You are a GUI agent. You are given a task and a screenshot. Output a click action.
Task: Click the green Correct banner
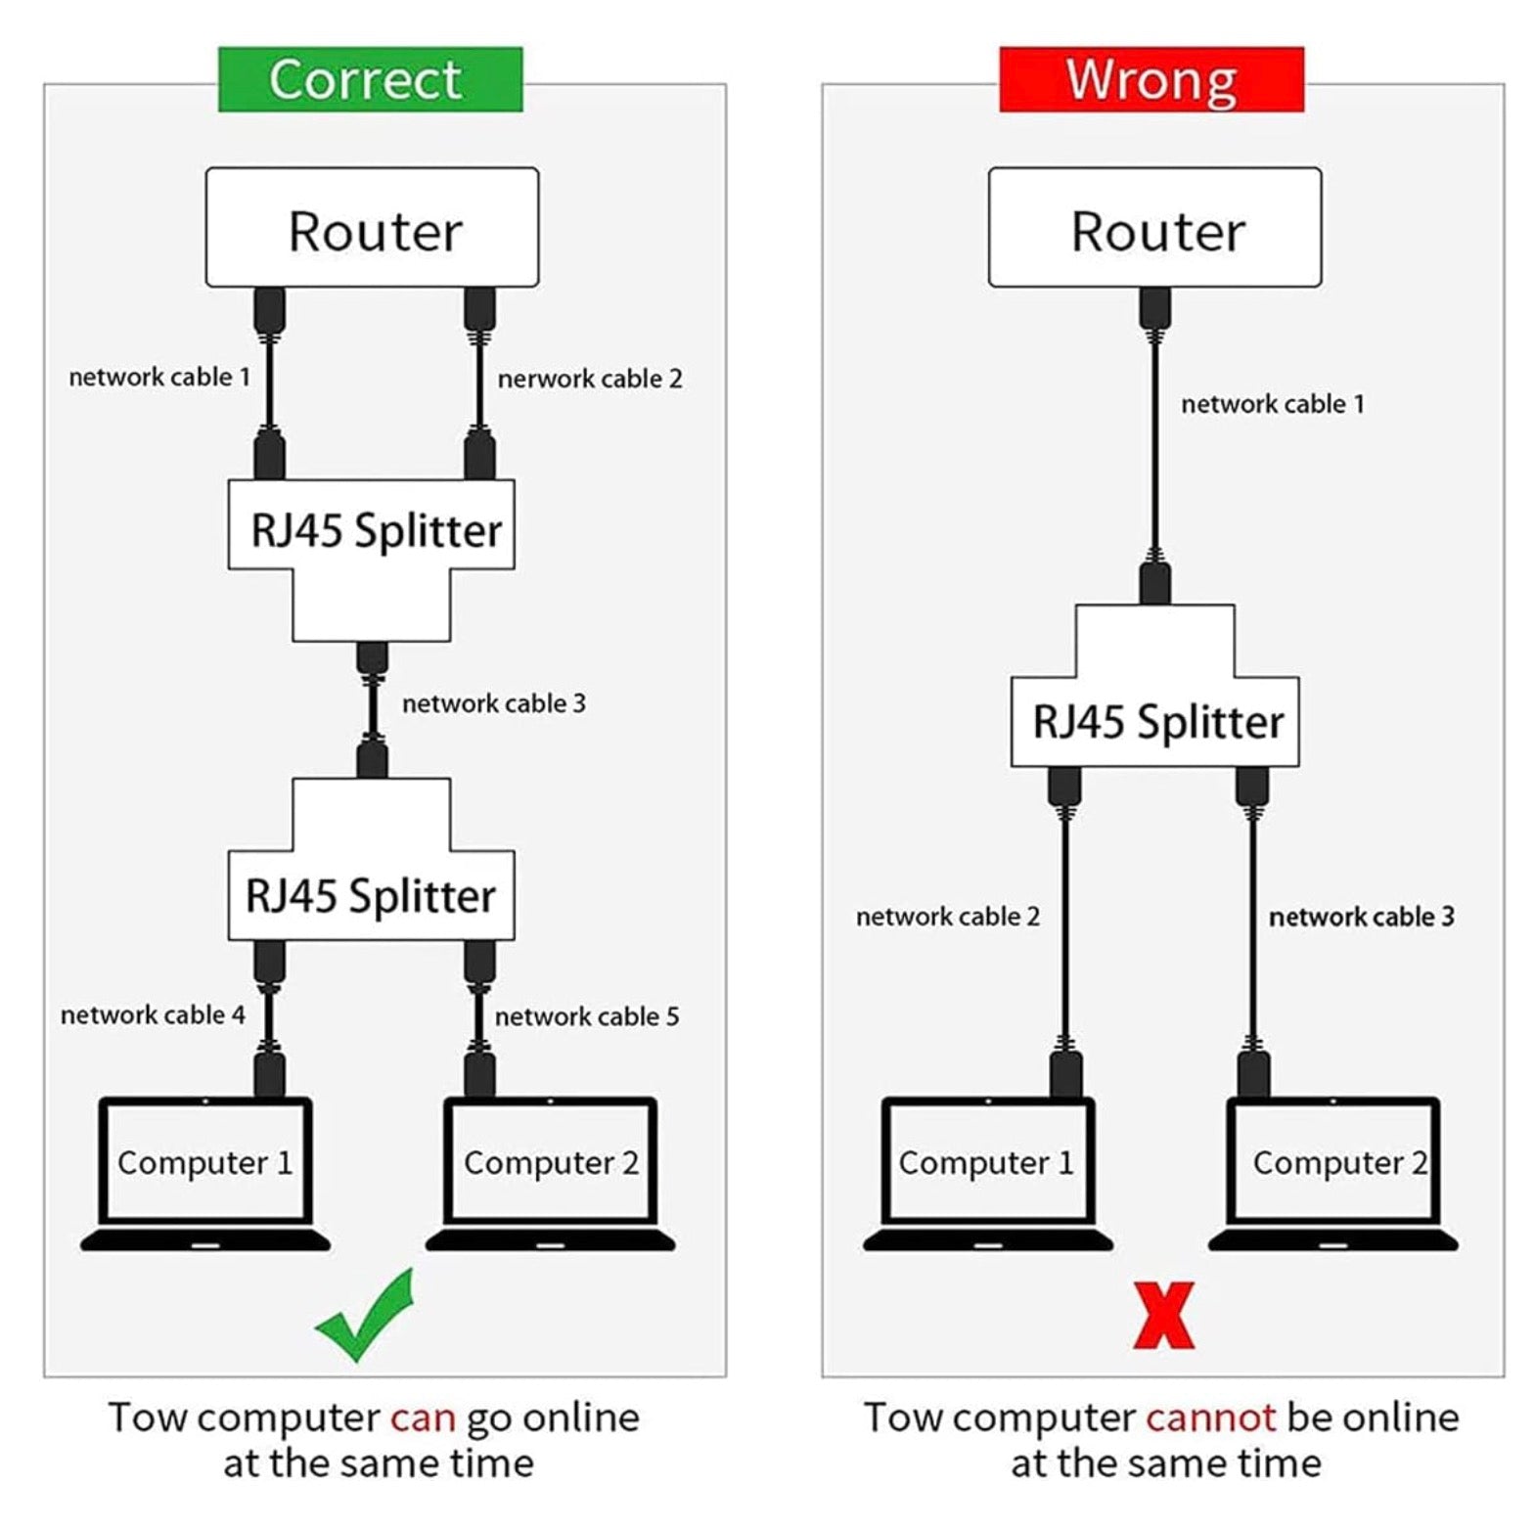[x=370, y=79]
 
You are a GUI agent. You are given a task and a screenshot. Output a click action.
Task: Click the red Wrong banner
[x=1151, y=79]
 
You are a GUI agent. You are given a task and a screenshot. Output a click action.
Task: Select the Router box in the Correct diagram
[x=372, y=228]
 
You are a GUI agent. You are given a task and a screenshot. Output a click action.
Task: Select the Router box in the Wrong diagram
[x=1155, y=228]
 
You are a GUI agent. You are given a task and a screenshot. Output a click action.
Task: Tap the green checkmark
[x=365, y=1317]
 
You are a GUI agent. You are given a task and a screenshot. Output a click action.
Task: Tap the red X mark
[x=1163, y=1316]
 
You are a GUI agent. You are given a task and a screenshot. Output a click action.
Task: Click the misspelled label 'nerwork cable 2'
[x=590, y=379]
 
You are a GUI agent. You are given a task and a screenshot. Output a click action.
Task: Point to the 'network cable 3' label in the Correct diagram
[x=494, y=703]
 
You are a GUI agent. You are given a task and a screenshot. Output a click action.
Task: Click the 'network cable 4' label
[x=153, y=1015]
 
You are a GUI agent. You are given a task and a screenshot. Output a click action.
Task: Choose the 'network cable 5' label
[x=587, y=1017]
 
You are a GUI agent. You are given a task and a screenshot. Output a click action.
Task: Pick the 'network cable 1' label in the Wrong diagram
[x=1273, y=404]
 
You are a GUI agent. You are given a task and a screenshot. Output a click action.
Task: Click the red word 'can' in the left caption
[x=423, y=1418]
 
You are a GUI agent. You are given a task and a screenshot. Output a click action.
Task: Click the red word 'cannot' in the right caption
[x=1210, y=1418]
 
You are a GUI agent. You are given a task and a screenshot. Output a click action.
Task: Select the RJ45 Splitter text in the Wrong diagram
[x=1157, y=723]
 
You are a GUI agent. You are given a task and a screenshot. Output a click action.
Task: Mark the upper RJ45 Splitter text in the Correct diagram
[x=376, y=531]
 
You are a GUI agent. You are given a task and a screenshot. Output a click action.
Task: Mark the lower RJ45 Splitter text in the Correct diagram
[x=371, y=897]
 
